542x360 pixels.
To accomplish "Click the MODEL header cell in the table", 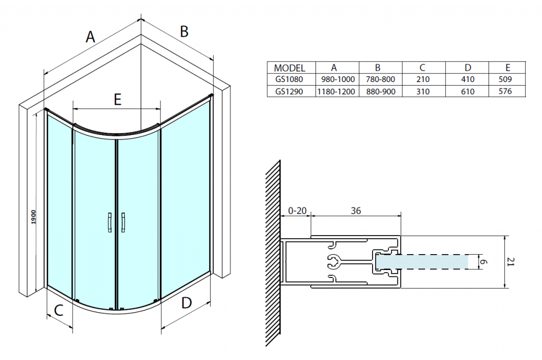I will [x=290, y=68].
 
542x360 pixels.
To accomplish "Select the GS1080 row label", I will [x=290, y=79].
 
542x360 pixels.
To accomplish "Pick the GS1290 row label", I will [x=290, y=91].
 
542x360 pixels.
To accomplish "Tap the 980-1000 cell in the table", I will [x=337, y=79].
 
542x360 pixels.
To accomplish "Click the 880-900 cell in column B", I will [x=380, y=91].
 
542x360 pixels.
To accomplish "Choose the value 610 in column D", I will [x=467, y=91].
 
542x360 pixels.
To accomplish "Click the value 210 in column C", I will [x=423, y=79].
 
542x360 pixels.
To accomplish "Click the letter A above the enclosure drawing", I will [x=91, y=37].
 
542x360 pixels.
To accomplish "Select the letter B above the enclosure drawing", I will [x=184, y=32].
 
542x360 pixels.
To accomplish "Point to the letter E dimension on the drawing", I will [x=118, y=99].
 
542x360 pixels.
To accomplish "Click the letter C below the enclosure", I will [x=59, y=311].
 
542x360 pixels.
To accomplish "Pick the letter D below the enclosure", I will [x=186, y=303].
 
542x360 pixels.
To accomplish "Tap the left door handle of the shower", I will [x=109, y=222].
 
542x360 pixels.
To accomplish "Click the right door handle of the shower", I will [x=123, y=222].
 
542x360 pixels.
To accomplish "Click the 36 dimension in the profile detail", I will [x=356, y=211].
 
